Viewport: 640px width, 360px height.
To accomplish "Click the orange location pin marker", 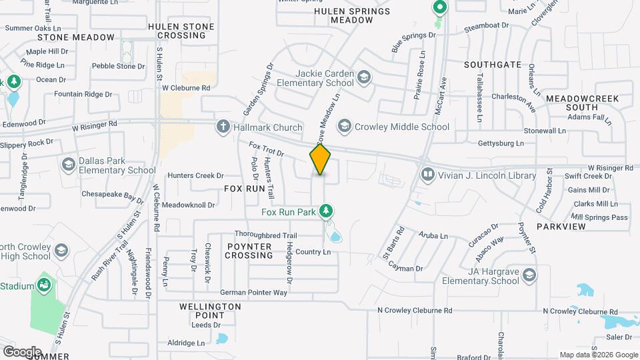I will pyautogui.click(x=320, y=159).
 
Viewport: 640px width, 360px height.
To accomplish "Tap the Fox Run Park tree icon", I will pyautogui.click(x=326, y=212).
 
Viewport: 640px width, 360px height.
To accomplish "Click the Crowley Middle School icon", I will pyautogui.click(x=345, y=126).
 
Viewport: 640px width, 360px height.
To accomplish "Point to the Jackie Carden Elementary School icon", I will pyautogui.click(x=363, y=77).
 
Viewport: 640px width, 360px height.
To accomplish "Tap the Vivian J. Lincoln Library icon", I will pyautogui.click(x=427, y=175).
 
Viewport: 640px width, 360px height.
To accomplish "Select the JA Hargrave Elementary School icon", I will pyautogui.click(x=529, y=275).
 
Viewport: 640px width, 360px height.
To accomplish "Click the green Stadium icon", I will pyautogui.click(x=45, y=286).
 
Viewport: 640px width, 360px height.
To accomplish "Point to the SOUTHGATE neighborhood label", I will pyautogui.click(x=493, y=65).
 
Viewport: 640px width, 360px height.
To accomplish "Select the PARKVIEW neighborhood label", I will pyautogui.click(x=561, y=227).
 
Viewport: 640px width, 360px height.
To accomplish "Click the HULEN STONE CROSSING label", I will pyautogui.click(x=181, y=31).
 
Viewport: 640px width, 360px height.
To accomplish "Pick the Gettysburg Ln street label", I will pyautogui.click(x=501, y=143).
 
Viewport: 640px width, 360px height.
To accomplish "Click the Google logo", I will pyautogui.click(x=21, y=351).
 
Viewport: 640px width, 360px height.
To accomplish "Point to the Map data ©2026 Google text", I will pyautogui.click(x=597, y=355).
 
